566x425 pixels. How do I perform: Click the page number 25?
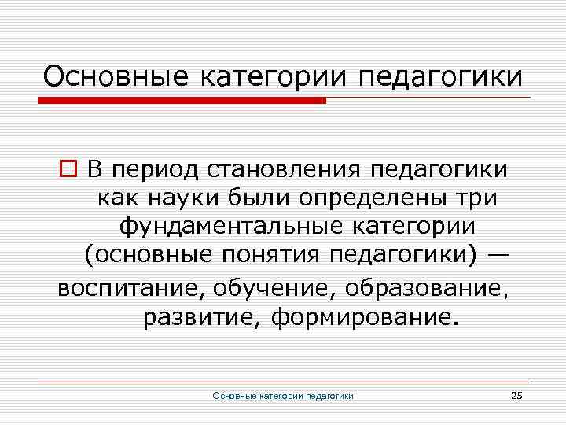(x=516, y=395)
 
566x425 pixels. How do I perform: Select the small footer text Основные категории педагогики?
(x=283, y=396)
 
